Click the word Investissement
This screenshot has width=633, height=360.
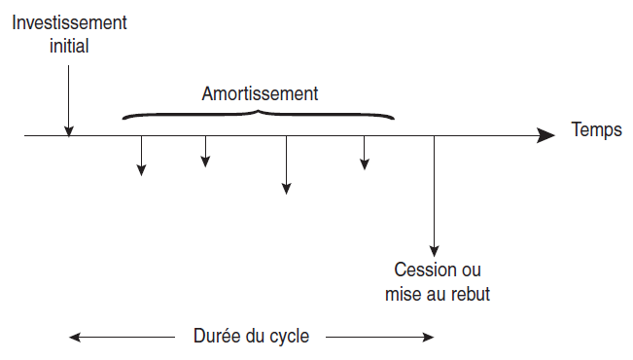[69, 21]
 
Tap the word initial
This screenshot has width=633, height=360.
[69, 44]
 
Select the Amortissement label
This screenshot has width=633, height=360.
[261, 94]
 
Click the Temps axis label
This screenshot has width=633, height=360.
[597, 129]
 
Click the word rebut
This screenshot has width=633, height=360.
[469, 293]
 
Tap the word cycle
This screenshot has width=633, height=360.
[289, 337]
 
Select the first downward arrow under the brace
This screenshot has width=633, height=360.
[142, 156]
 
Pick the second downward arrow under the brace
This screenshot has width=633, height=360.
[205, 152]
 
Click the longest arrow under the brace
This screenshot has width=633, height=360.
[286, 165]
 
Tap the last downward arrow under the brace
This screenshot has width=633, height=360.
[365, 154]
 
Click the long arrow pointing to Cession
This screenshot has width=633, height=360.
[434, 195]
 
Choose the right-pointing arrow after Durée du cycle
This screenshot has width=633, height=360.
[379, 338]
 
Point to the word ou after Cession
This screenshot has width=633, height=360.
[471, 270]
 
